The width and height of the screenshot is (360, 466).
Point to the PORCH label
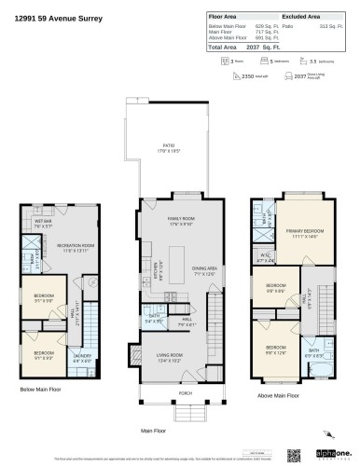[x=180, y=393]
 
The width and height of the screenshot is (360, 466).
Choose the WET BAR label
[x=43, y=222]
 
